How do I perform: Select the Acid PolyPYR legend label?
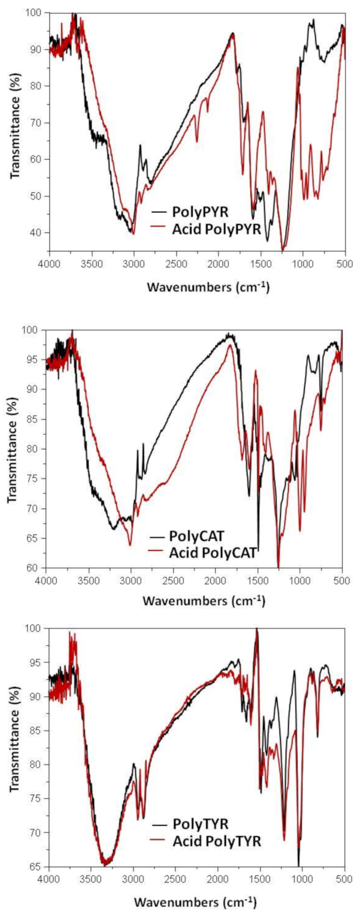point(216,229)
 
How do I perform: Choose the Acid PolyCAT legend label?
point(213,553)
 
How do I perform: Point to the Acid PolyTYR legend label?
point(216,841)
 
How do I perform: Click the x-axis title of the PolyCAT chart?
point(203,601)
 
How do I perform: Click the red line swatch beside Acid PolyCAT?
point(157,551)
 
